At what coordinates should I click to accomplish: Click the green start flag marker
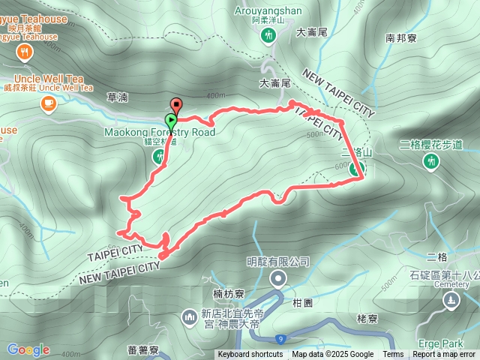(172, 120)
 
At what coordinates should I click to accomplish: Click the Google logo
(28, 349)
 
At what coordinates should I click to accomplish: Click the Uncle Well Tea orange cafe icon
(49, 102)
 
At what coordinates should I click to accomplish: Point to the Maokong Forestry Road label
(160, 133)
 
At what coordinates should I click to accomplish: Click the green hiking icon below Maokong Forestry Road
(159, 157)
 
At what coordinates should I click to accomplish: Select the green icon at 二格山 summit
(353, 169)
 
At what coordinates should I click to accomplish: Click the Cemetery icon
(451, 301)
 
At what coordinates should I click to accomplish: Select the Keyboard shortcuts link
(250, 355)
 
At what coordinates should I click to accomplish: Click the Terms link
(393, 355)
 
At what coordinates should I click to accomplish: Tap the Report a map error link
(444, 355)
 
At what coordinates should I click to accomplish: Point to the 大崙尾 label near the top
(311, 32)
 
